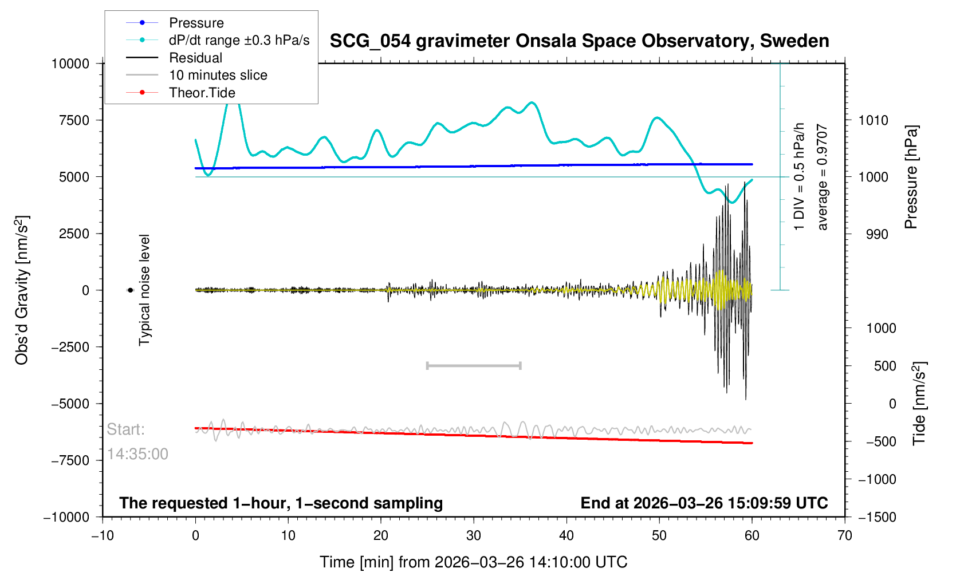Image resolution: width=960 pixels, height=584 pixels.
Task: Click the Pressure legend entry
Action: [x=196, y=23]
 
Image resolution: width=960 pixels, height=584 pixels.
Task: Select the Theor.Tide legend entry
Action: [x=202, y=93]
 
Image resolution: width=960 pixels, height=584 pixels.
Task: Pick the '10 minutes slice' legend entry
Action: [x=218, y=75]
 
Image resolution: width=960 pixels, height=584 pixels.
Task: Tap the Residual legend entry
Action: [x=195, y=58]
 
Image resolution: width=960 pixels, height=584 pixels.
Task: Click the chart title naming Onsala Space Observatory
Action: [x=579, y=41]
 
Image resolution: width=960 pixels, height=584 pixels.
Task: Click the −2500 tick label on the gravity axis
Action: [x=70, y=347]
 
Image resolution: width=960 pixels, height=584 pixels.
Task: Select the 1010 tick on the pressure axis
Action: [x=873, y=120]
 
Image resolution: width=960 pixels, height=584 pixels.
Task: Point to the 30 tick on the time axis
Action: [x=474, y=536]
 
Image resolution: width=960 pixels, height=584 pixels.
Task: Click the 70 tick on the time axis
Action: [x=844, y=536]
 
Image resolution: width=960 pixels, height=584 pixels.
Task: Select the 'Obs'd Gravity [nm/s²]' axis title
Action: [x=22, y=290]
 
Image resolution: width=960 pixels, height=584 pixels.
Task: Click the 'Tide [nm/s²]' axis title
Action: [x=919, y=403]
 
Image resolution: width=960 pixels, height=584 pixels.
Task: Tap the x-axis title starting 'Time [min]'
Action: [x=473, y=562]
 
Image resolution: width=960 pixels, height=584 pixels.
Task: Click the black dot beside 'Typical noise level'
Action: [x=131, y=290]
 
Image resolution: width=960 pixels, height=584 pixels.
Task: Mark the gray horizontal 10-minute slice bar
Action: [x=474, y=365]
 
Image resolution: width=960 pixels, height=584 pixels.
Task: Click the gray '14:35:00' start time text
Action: [x=137, y=454]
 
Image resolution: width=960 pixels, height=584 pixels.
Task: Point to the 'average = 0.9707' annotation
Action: [x=823, y=177]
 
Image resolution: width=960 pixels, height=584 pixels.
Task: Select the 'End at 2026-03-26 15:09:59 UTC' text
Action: [x=704, y=503]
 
